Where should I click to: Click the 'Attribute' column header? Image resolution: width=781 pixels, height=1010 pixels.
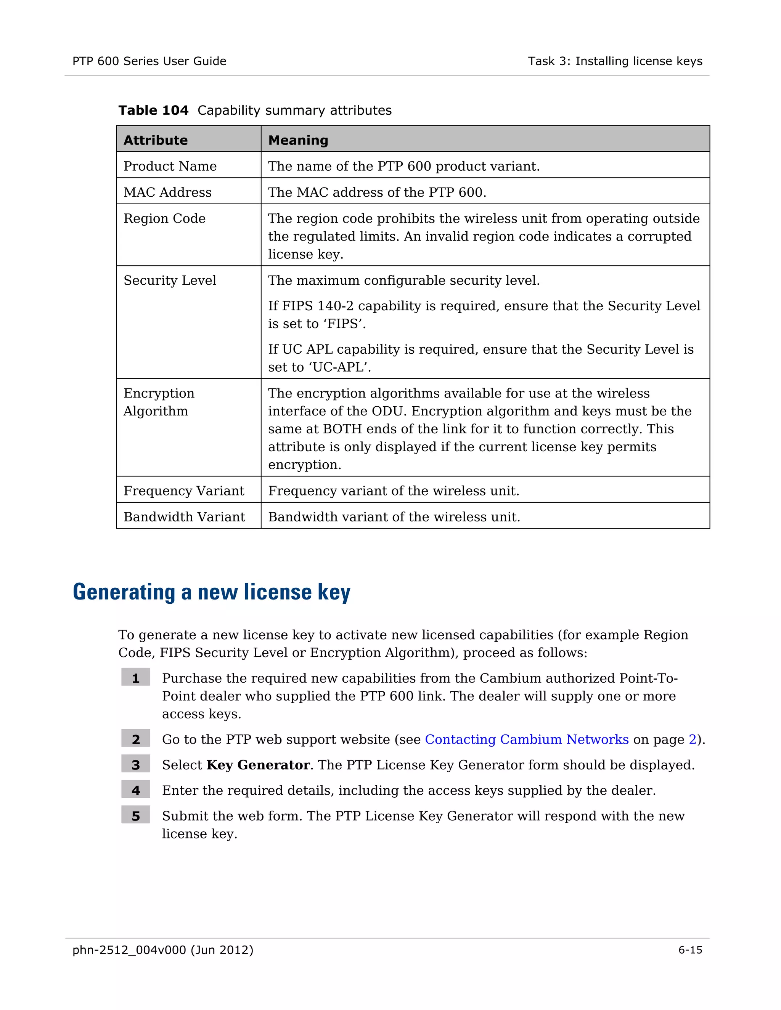pyautogui.click(x=156, y=140)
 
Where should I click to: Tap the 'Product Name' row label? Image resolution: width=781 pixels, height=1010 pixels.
pyautogui.click(x=170, y=166)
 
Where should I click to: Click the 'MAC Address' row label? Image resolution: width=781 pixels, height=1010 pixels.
pyautogui.click(x=167, y=192)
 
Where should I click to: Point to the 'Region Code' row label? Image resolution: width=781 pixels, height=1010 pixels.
pyautogui.click(x=164, y=218)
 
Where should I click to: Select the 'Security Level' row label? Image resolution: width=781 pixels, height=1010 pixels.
pyautogui.click(x=170, y=280)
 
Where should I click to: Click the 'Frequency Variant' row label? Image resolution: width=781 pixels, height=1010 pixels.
pyautogui.click(x=184, y=491)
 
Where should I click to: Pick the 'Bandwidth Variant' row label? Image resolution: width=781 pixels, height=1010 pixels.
pyautogui.click(x=184, y=516)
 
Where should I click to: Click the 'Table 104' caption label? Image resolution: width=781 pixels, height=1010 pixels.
pyautogui.click(x=153, y=111)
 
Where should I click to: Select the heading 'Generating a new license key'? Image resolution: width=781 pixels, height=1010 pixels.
pyautogui.click(x=211, y=592)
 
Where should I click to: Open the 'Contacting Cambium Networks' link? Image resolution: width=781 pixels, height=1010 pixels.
pyautogui.click(x=527, y=739)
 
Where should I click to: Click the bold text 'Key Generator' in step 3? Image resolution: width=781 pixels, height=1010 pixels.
pyautogui.click(x=258, y=765)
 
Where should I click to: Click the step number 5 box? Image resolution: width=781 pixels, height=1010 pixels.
pyautogui.click(x=135, y=816)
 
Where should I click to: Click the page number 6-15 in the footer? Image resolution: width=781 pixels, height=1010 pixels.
pyautogui.click(x=690, y=950)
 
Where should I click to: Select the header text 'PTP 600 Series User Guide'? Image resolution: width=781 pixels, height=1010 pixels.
pyautogui.click(x=149, y=61)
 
